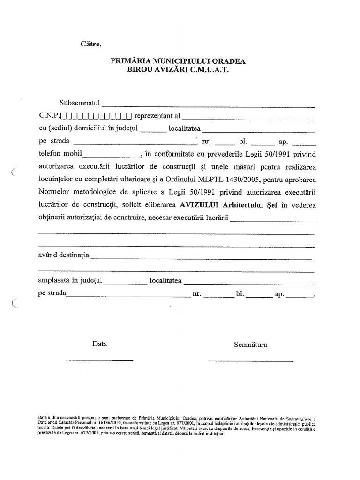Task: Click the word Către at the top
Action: point(91,45)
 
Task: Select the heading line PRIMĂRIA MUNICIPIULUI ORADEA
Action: point(178,61)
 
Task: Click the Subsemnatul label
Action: point(80,103)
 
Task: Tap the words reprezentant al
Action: point(157,115)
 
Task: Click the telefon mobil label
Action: point(60,153)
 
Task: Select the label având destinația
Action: point(63,255)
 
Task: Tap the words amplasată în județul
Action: point(70,281)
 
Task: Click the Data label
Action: point(99,344)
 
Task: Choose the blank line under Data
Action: point(99,360)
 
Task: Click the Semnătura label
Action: point(250,345)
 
